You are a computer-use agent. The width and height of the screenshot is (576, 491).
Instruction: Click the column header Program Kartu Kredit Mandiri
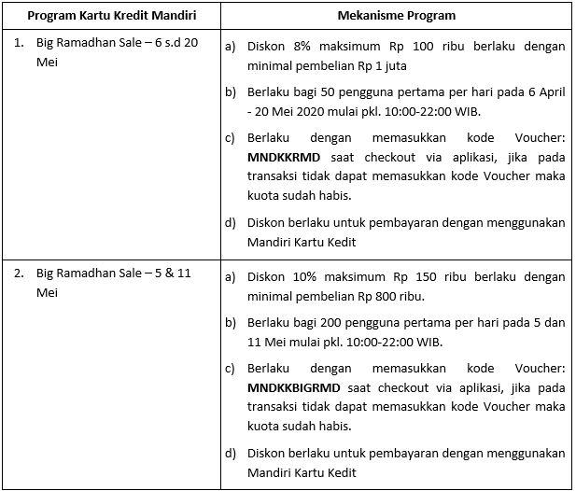[110, 17]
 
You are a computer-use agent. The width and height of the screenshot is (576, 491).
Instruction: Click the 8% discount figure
[301, 45]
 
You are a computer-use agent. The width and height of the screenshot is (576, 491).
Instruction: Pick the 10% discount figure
[305, 275]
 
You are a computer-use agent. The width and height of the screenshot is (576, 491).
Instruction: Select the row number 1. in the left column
[19, 44]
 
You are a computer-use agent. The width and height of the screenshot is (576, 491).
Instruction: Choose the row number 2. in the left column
[19, 274]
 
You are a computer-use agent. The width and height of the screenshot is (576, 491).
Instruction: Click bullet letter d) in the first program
[231, 223]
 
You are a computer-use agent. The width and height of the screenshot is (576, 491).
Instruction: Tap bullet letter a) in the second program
[231, 276]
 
